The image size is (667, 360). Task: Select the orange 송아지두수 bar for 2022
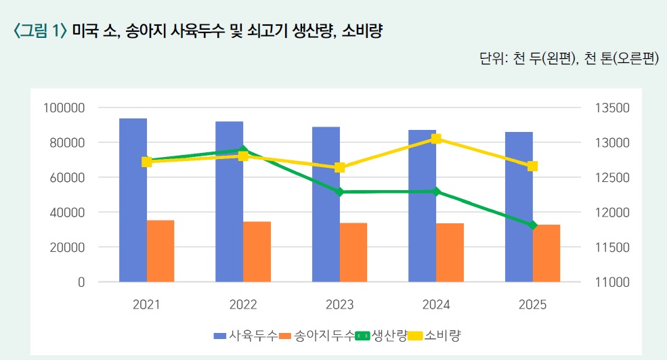click(257, 251)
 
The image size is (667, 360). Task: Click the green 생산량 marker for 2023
click(340, 192)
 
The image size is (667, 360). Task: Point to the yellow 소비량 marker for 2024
click(436, 139)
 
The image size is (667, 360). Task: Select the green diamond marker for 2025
click(532, 225)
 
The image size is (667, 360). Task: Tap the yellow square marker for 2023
click(340, 167)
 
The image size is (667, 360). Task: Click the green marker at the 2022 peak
click(243, 150)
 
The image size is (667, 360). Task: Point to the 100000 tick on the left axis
click(63, 108)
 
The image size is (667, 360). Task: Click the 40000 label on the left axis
click(66, 212)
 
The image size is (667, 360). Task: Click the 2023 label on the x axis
click(340, 305)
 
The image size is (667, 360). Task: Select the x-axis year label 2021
click(147, 305)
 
